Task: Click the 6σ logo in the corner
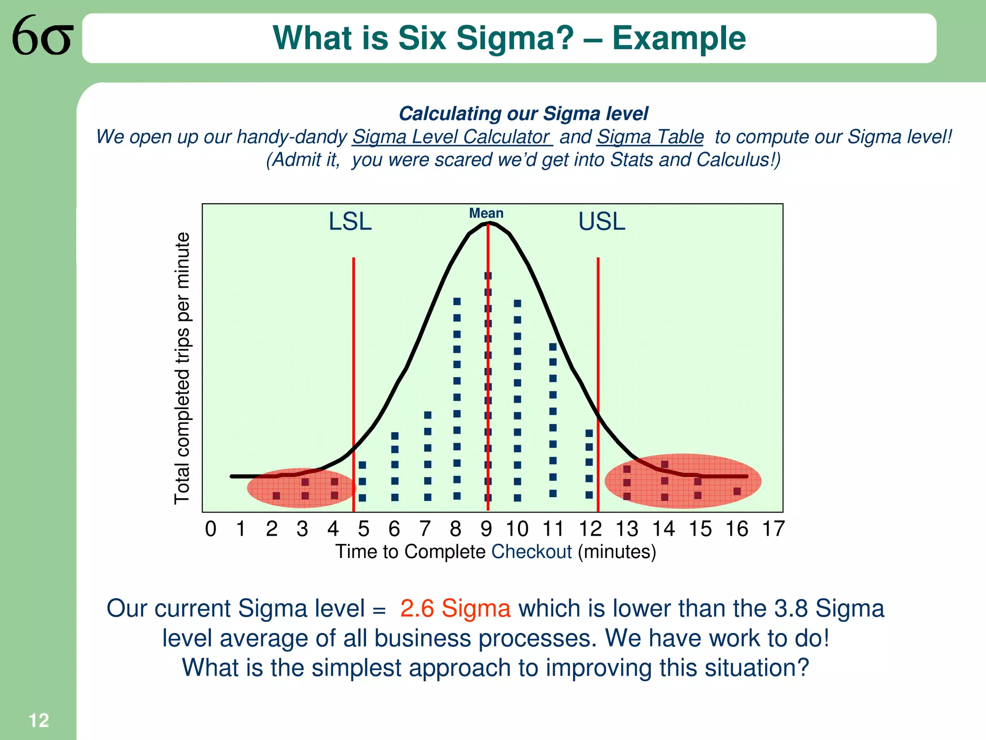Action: coord(42,36)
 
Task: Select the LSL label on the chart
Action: coord(350,222)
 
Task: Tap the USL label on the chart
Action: coord(601,222)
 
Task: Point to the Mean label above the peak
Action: coord(486,213)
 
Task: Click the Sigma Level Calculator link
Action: coord(452,137)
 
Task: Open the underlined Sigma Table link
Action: coord(650,137)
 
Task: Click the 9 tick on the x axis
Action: coord(486,529)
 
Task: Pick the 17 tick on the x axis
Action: coord(773,529)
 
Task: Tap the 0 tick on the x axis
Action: coord(210,529)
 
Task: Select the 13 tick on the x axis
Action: coord(627,529)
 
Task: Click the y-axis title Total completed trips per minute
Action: coord(182,369)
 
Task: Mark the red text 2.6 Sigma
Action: coord(455,608)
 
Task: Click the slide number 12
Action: coord(39,721)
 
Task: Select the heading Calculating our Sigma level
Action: coord(523,114)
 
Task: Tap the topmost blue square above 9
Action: coord(488,276)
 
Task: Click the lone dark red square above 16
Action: coord(737,491)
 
